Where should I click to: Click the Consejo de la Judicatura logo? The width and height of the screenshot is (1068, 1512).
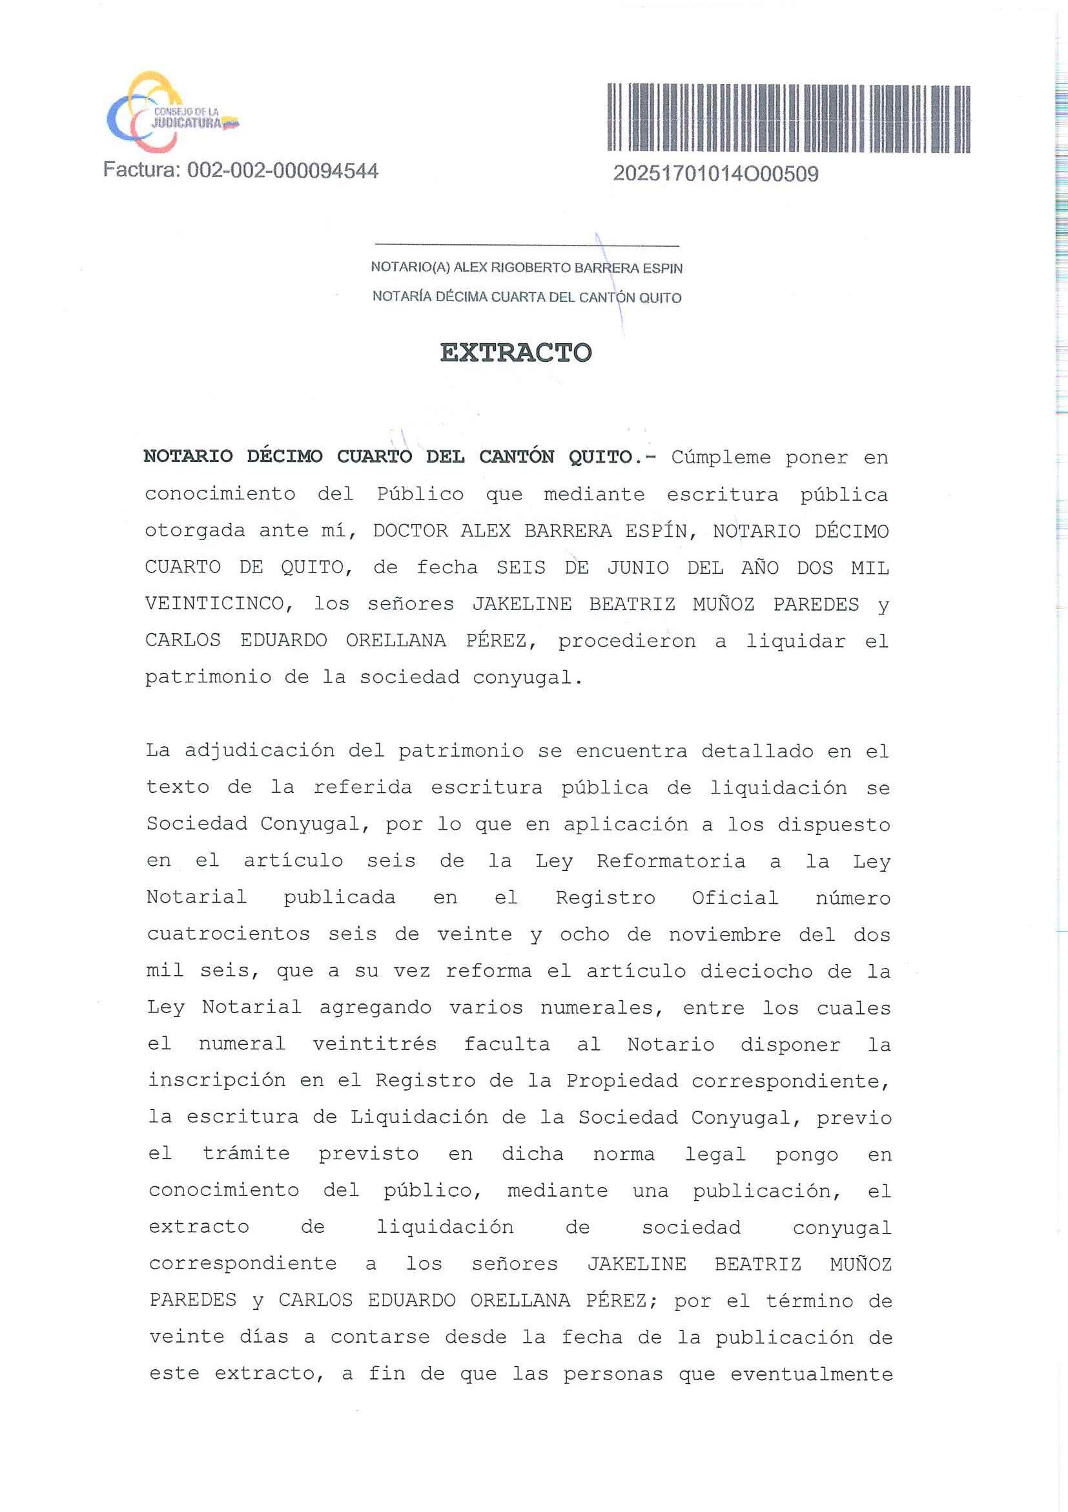[172, 114]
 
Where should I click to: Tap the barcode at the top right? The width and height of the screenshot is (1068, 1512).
[788, 118]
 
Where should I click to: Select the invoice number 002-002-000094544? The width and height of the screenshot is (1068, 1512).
[282, 171]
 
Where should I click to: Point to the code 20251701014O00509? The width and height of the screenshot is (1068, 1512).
[715, 174]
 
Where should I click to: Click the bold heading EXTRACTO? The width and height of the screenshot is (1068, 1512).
[515, 353]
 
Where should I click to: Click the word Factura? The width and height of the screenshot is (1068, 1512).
[141, 171]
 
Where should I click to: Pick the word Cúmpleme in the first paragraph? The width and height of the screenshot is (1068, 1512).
[721, 457]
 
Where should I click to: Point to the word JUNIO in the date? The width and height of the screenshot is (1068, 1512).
[638, 568]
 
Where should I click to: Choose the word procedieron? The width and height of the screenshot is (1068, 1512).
[626, 641]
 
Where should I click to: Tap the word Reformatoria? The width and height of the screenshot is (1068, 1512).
[670, 861]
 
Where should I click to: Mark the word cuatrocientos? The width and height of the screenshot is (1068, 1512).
[229, 934]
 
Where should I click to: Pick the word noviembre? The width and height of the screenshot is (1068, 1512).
[724, 934]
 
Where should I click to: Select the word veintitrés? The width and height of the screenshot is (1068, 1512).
[375, 1044]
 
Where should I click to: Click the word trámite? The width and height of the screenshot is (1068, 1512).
[246, 1154]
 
